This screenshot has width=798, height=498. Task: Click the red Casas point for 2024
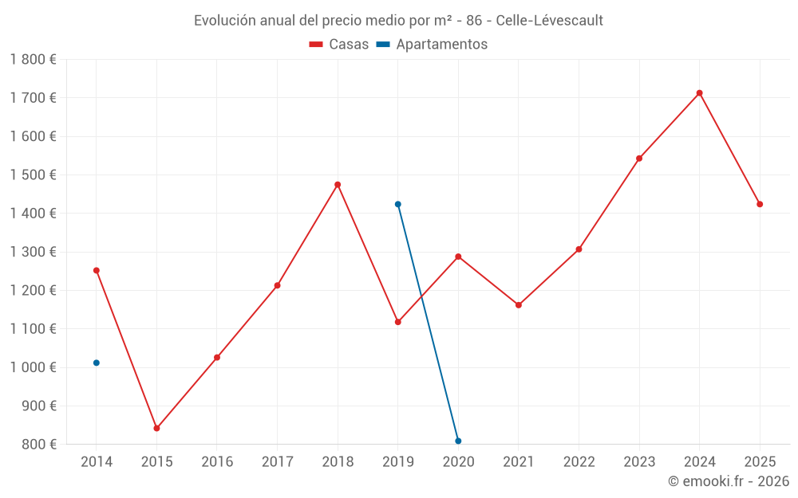(x=699, y=93)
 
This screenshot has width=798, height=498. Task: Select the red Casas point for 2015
(x=156, y=429)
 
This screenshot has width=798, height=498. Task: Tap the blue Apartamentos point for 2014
(x=97, y=363)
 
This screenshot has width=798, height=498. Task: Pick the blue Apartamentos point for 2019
(x=397, y=205)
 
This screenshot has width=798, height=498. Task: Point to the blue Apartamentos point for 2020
(x=458, y=441)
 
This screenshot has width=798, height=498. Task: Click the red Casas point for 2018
(x=338, y=185)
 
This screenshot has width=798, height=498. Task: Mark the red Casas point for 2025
(x=760, y=205)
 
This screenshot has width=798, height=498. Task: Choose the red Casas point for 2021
(x=519, y=305)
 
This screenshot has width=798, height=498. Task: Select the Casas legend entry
(x=339, y=45)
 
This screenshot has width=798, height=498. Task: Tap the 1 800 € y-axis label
(x=34, y=60)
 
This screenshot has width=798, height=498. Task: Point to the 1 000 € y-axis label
(x=34, y=367)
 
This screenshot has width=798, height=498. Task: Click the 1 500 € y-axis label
(x=34, y=175)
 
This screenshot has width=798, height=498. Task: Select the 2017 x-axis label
(x=277, y=462)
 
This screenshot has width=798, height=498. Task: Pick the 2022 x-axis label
(x=579, y=462)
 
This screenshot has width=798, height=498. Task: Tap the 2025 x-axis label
(x=760, y=462)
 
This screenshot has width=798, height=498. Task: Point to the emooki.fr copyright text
(x=728, y=481)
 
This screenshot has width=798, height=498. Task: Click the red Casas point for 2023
(x=639, y=159)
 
